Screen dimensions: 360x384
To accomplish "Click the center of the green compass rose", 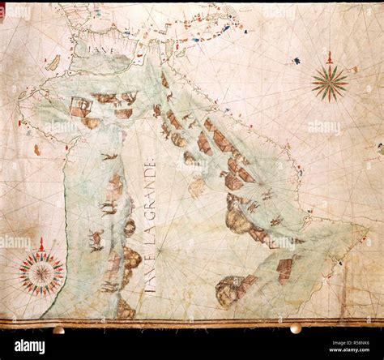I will coord(330,83).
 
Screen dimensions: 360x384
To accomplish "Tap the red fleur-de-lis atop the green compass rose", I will coord(330,56).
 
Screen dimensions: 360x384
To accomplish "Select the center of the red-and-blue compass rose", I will coord(41,272).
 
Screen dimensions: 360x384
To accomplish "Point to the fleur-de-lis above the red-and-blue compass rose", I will coord(41,244).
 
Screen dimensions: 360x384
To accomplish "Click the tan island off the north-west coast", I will coord(53,62).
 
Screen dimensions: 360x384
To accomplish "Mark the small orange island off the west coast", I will coord(37,149).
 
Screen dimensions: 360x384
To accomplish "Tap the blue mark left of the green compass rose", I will coord(297,61).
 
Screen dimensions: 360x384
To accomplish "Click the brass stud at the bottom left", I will coord(58,329).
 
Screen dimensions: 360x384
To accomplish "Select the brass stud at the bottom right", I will coord(296,328).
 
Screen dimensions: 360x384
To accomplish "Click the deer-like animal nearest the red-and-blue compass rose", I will coord(96,238).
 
